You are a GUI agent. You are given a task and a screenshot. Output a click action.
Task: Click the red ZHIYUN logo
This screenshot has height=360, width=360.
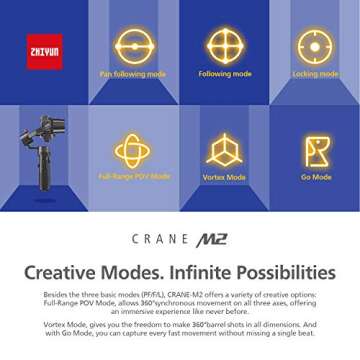[44, 51]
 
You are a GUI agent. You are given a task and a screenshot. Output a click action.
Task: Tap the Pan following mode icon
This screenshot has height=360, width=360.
[134, 46]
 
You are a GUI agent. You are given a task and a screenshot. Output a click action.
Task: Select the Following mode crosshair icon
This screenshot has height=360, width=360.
[224, 46]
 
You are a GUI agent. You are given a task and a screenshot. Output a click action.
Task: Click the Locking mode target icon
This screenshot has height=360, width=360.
[314, 46]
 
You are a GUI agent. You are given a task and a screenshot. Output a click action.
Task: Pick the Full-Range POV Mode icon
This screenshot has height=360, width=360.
[133, 149]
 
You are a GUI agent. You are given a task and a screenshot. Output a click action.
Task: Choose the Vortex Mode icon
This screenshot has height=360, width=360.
[224, 149]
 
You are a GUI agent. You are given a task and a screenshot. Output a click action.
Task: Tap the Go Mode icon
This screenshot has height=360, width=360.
[316, 149]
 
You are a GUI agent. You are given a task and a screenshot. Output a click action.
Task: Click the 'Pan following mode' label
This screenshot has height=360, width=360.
[133, 74]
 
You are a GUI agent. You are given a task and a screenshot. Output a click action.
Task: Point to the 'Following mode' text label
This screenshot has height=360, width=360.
[224, 73]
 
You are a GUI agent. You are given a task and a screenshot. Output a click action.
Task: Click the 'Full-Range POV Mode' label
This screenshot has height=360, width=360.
[134, 176]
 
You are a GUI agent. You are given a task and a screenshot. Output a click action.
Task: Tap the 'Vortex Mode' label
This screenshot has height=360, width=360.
[224, 177]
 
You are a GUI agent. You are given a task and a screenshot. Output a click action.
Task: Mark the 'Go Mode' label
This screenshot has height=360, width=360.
[316, 177]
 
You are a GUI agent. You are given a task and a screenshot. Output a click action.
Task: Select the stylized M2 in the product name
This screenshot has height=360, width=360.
[212, 239]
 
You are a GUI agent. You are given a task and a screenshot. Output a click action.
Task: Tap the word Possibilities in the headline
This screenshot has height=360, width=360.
[284, 272]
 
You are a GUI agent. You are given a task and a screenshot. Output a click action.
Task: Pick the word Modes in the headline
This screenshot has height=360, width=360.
[136, 272]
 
